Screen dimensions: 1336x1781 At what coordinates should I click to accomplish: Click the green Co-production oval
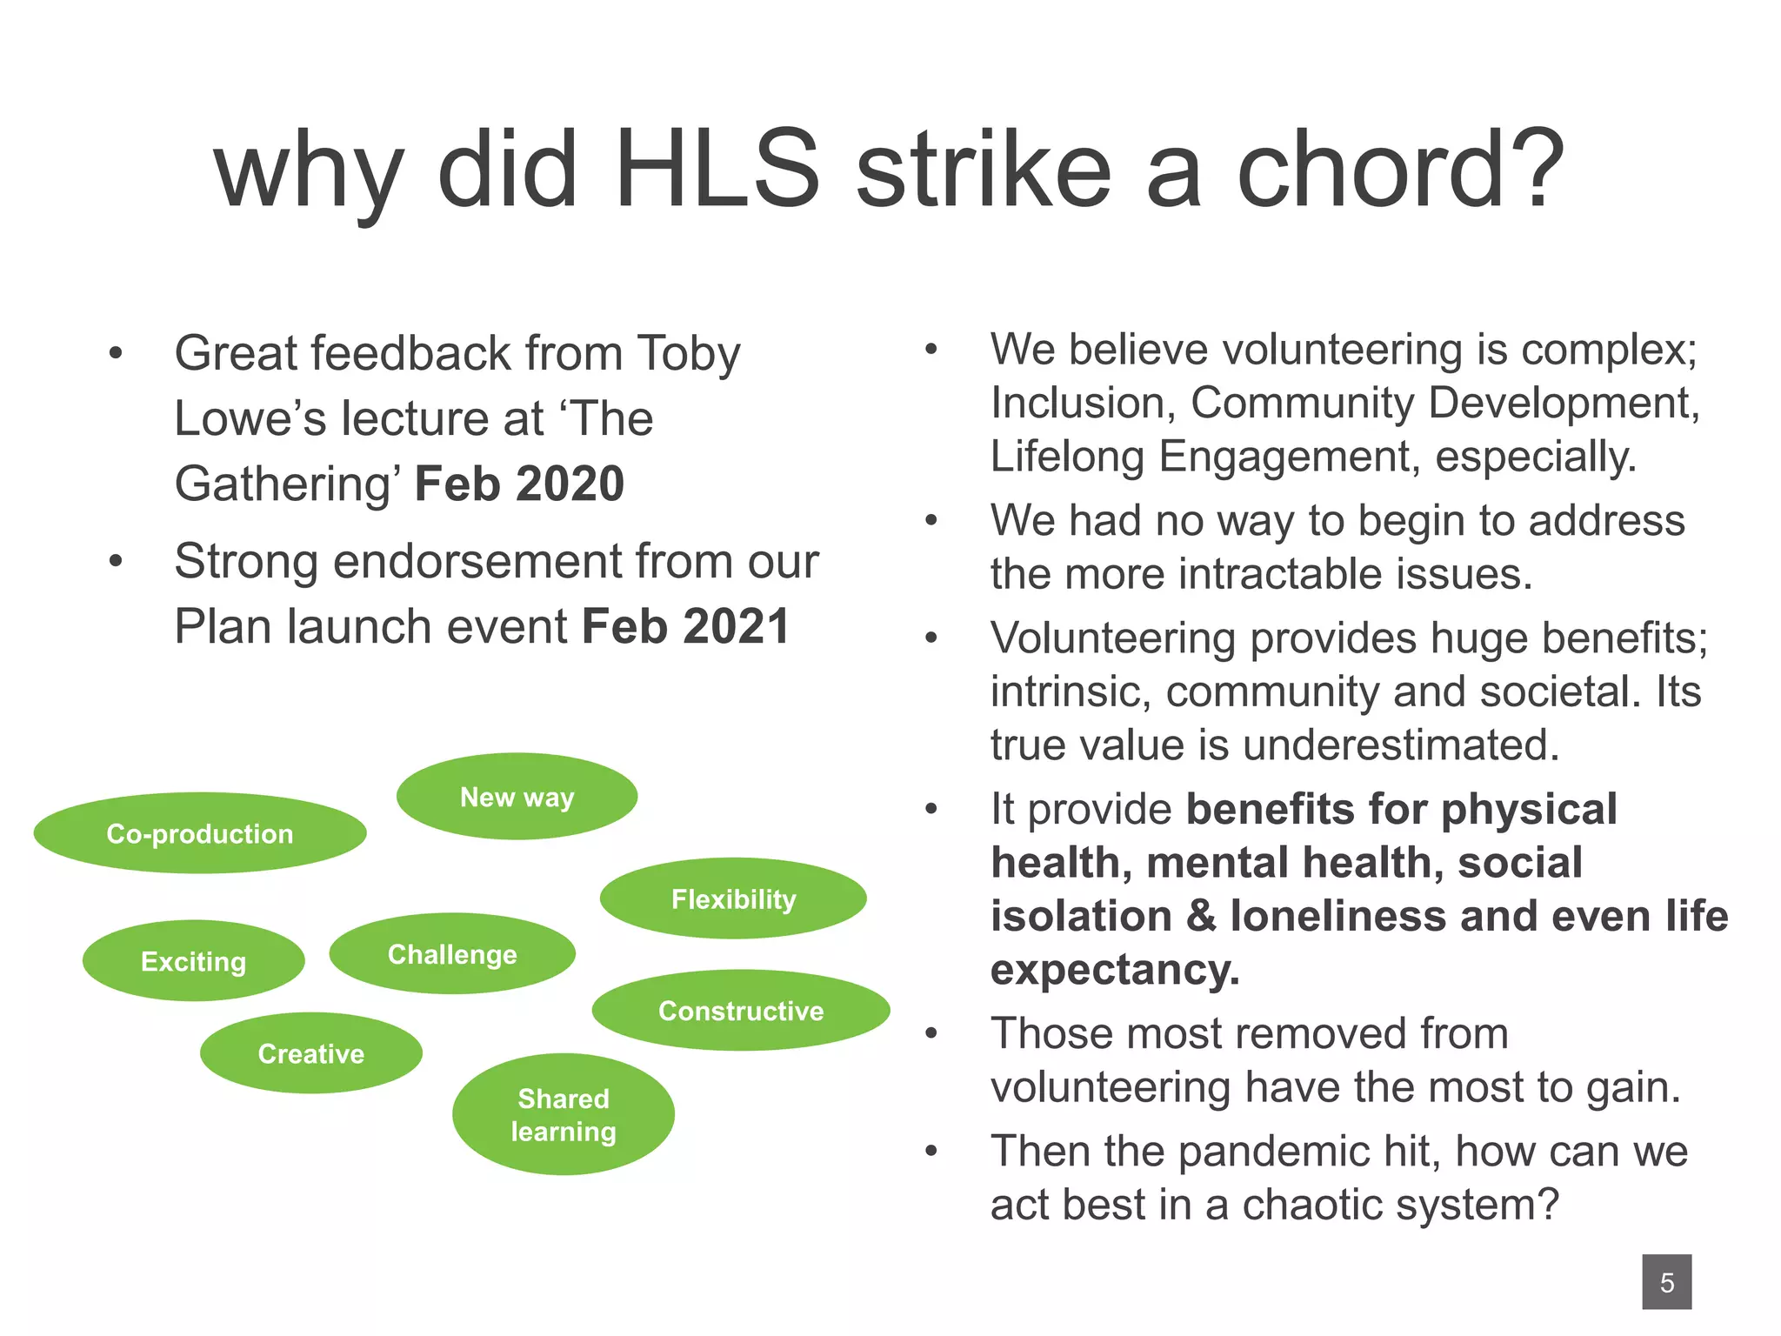(200, 833)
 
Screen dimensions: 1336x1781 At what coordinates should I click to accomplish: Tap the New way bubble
(517, 797)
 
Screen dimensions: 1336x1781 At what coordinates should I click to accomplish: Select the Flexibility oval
(733, 898)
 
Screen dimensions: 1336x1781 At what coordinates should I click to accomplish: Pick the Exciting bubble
(193, 961)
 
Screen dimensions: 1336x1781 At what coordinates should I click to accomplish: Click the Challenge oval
(452, 954)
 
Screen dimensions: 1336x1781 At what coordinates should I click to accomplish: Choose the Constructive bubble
(741, 1011)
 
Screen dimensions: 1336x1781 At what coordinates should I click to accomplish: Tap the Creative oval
(311, 1053)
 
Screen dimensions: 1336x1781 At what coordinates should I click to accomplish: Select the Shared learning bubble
(564, 1114)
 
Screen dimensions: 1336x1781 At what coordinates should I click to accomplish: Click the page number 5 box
(1666, 1282)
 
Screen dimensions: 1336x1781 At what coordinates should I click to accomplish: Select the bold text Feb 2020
(519, 484)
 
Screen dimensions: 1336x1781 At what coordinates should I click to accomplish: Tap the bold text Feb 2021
(685, 626)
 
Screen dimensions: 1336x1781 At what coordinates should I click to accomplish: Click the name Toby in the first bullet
(688, 354)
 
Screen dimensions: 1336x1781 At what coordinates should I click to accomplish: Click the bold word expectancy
(1114, 970)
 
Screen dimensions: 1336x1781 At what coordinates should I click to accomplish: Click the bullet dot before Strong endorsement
(116, 562)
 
